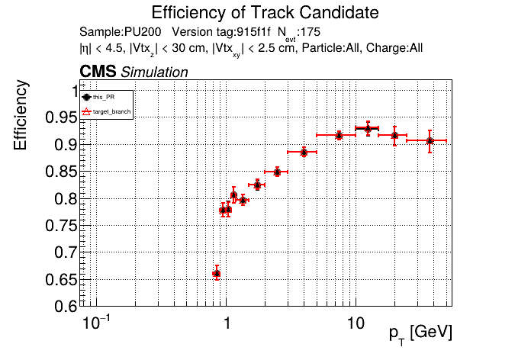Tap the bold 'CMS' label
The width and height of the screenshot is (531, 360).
[x=98, y=72]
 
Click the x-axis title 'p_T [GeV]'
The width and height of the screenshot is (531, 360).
[x=420, y=333]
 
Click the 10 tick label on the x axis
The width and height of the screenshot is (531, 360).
[x=354, y=323]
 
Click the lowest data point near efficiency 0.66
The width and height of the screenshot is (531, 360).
[x=217, y=273]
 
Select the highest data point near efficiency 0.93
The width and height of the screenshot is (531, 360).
[x=368, y=129]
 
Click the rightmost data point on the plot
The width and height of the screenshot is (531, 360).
[x=430, y=140]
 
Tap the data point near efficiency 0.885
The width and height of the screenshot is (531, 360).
[x=304, y=153]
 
